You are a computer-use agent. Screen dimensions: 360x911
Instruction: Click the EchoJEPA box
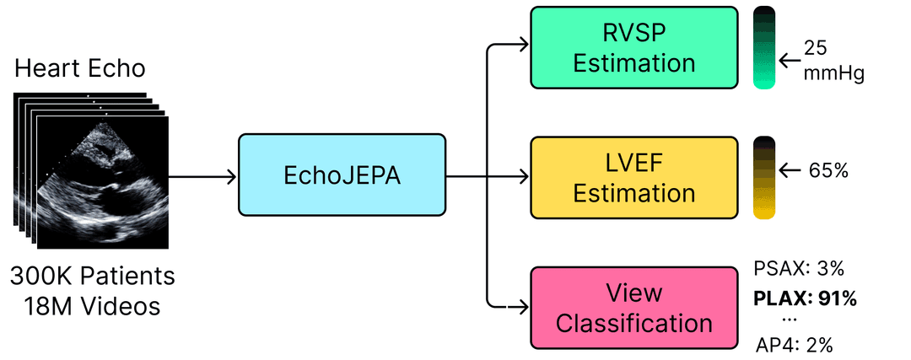(x=341, y=176)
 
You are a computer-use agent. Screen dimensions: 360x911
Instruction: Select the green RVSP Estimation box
(x=633, y=47)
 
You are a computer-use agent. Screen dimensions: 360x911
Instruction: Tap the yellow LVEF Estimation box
(x=633, y=177)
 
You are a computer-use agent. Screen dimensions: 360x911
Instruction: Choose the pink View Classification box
(x=633, y=308)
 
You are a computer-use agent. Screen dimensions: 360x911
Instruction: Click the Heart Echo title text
(x=80, y=69)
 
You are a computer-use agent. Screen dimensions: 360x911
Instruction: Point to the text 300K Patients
(x=93, y=276)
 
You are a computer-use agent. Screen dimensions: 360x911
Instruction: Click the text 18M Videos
(x=93, y=305)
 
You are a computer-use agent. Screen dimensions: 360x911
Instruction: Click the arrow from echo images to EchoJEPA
(x=202, y=177)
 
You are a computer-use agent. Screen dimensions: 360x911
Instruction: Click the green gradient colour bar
(x=764, y=47)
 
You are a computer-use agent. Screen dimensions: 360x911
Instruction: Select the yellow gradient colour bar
(x=764, y=177)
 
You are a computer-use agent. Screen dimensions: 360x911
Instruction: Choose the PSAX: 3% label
(x=797, y=269)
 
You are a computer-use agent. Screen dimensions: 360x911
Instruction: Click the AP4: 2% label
(x=795, y=343)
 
